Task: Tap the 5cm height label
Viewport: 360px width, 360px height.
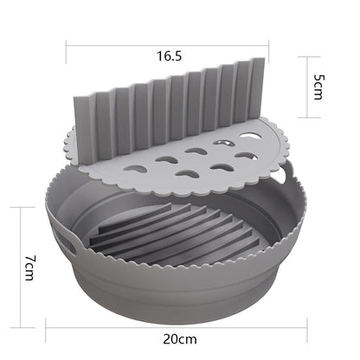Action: click(319, 86)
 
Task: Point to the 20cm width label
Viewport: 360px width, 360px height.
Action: click(180, 340)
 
